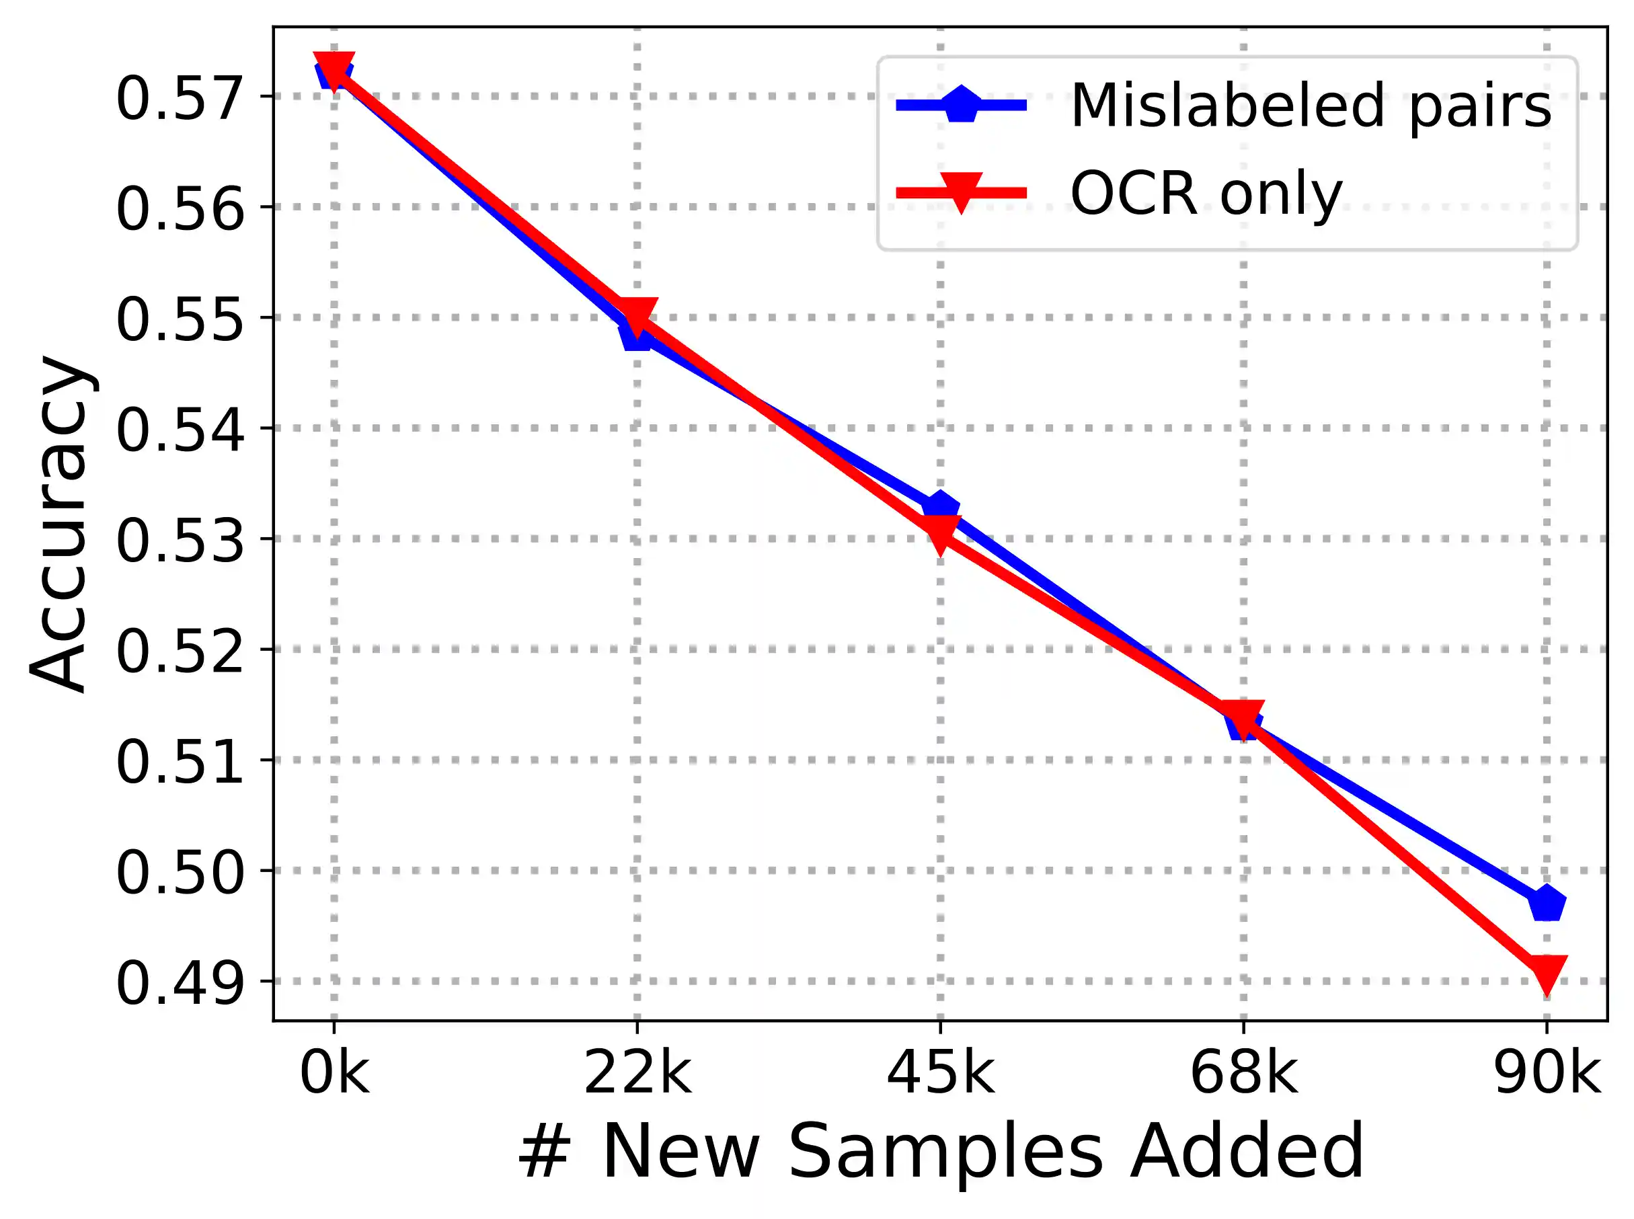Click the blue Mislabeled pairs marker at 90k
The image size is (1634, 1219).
click(1546, 903)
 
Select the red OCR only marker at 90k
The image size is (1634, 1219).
click(1546, 972)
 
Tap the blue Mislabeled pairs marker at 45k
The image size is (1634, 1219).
click(940, 508)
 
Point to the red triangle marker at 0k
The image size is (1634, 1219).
click(334, 69)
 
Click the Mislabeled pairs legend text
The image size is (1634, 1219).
click(1311, 106)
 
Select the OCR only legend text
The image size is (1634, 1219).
click(1206, 194)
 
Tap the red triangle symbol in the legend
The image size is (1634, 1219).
click(961, 192)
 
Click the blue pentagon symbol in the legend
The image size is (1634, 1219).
click(961, 105)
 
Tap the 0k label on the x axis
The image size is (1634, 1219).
click(334, 1074)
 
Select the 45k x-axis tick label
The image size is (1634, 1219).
click(940, 1074)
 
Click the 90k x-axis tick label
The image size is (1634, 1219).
click(1546, 1074)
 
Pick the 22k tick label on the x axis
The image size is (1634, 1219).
click(637, 1074)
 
